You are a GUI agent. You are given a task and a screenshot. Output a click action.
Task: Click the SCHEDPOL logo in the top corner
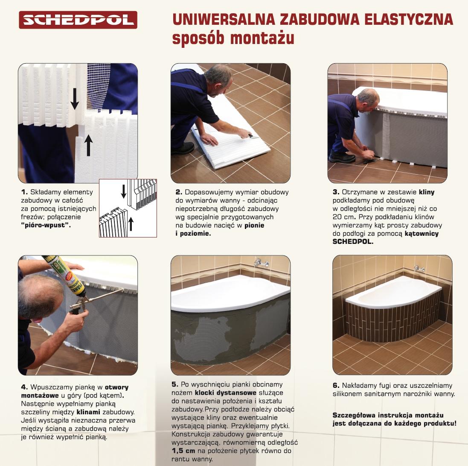(78, 20)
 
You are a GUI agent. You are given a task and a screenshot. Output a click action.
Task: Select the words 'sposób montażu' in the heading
(233, 38)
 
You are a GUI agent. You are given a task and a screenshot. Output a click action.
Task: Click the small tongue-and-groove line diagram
(128, 208)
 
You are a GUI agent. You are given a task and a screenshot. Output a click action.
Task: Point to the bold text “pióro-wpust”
(46, 225)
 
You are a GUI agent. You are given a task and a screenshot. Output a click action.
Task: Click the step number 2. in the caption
(179, 192)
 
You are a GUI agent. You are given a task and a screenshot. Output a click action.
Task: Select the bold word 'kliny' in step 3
(426, 192)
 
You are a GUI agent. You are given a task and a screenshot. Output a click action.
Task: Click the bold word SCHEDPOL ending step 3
(352, 241)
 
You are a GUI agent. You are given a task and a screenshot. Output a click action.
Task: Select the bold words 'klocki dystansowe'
(226, 393)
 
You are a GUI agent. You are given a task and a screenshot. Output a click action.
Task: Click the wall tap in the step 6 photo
(419, 268)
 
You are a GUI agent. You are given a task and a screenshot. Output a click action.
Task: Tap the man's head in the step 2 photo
(219, 76)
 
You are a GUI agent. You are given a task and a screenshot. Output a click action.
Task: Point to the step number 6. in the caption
(336, 386)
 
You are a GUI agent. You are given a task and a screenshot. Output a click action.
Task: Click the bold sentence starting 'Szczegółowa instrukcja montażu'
(394, 419)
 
